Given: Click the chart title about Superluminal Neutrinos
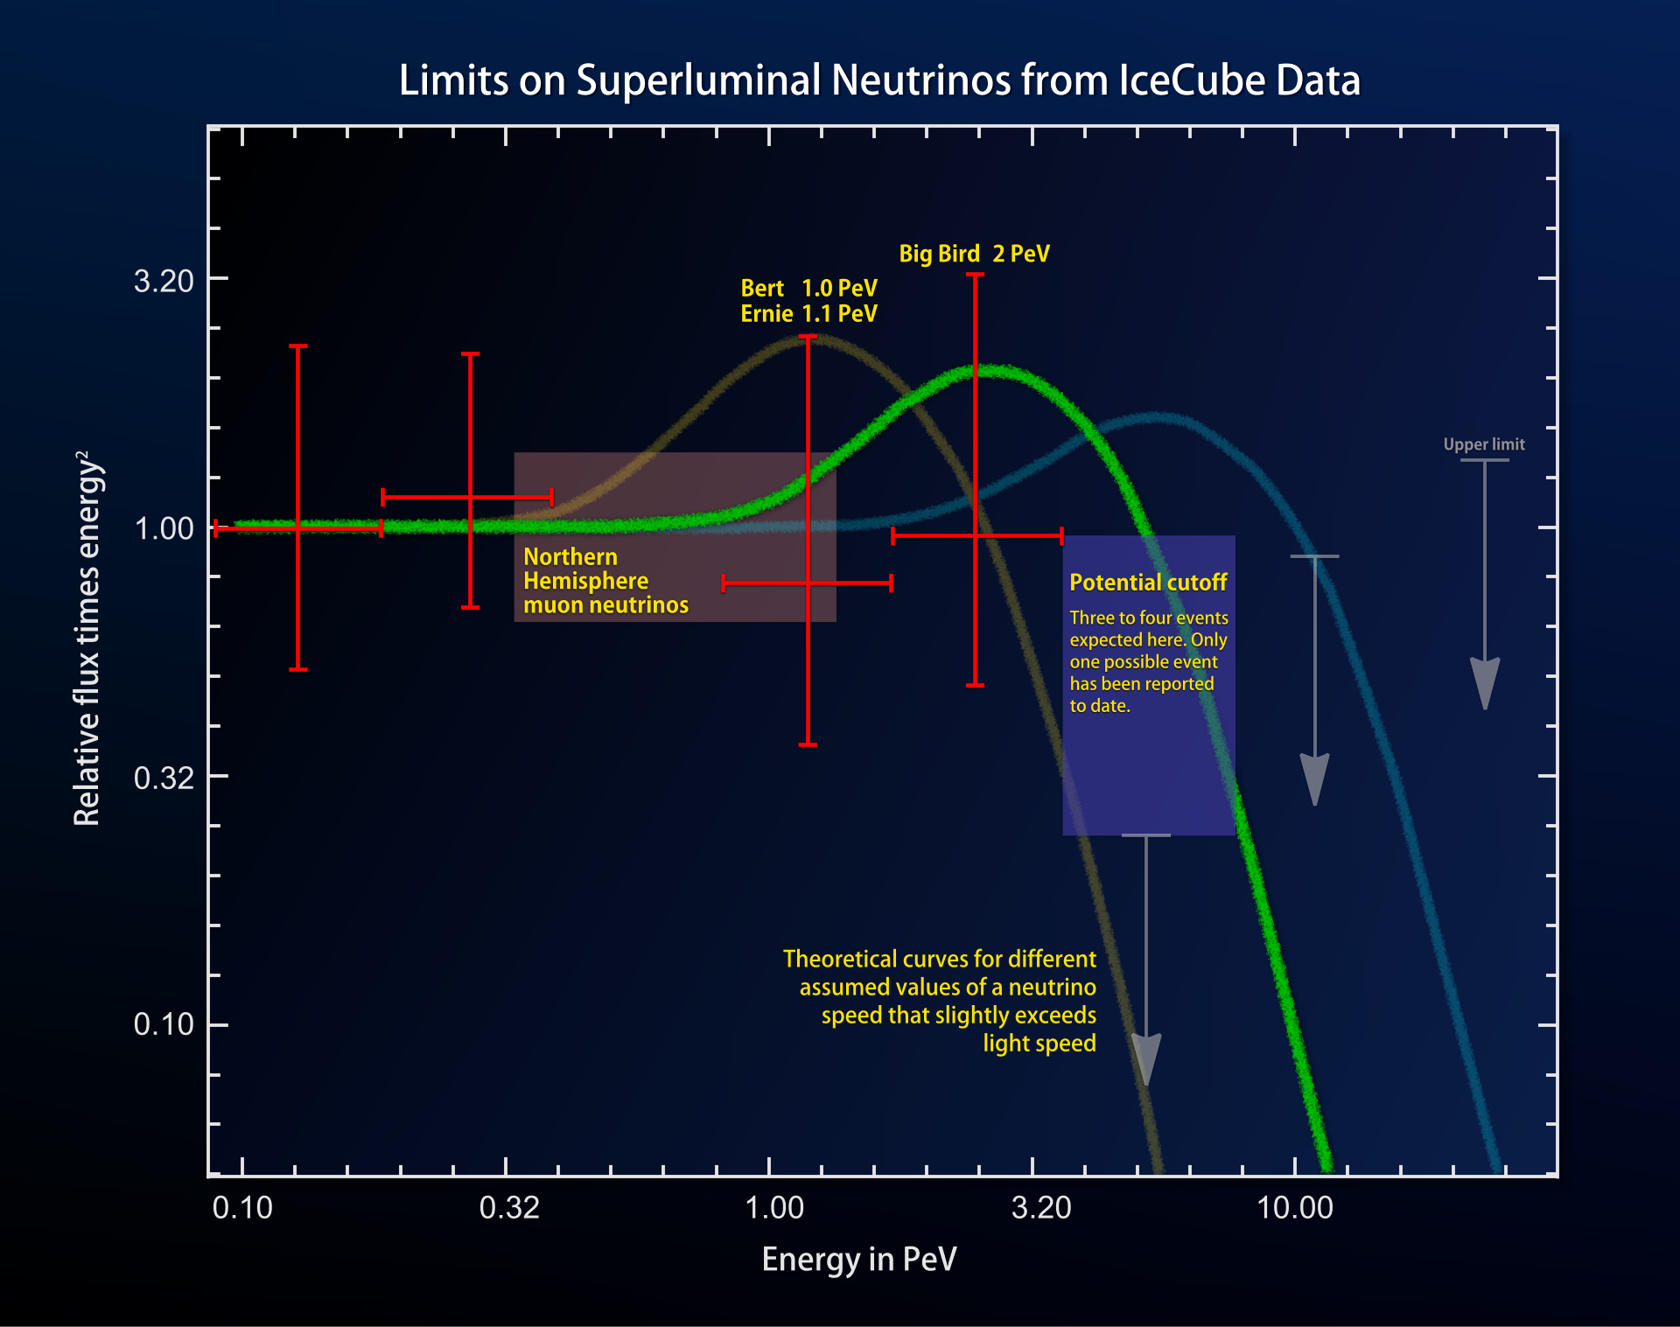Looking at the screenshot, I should click(x=879, y=80).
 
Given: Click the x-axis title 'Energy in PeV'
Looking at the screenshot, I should click(x=859, y=1260).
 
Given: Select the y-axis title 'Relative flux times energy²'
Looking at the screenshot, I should click(x=88, y=639).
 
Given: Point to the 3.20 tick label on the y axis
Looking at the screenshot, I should click(x=164, y=281).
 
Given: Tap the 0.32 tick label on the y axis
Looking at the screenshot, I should click(x=164, y=778).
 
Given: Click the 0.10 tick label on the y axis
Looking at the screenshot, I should click(x=164, y=1024).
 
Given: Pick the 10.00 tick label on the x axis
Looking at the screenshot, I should click(x=1294, y=1208).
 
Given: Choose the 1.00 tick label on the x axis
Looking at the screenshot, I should click(x=773, y=1208).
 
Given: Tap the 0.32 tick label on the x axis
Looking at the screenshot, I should click(x=509, y=1208).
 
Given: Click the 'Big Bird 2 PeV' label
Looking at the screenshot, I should click(x=974, y=254).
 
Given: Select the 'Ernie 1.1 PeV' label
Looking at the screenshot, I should click(x=808, y=314).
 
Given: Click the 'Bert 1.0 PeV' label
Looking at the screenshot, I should click(x=808, y=288).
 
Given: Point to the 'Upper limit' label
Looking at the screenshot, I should click(x=1484, y=444).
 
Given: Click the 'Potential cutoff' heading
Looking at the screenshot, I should click(x=1148, y=583).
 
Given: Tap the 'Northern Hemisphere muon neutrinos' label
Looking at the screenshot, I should click(x=605, y=581).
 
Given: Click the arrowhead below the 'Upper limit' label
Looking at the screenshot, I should click(x=1485, y=682).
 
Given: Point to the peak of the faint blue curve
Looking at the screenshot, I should click(x=1155, y=418).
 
